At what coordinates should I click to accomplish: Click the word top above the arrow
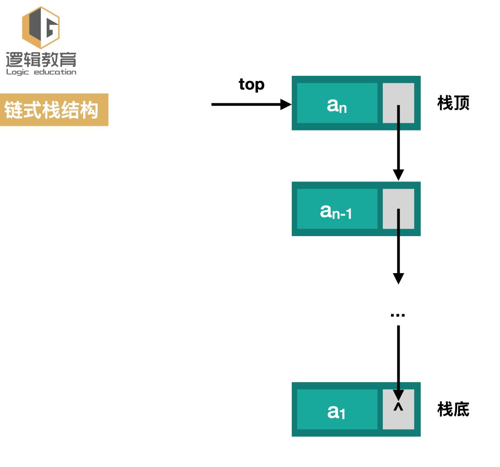point(252,84)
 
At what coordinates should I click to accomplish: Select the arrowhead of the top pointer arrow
point(286,104)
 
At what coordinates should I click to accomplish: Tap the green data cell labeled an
point(337,103)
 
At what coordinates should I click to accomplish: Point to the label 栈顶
point(453,103)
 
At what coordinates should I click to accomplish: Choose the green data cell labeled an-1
point(337,209)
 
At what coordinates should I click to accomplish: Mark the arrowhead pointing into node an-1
point(398,174)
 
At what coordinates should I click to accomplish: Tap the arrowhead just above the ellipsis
point(398,278)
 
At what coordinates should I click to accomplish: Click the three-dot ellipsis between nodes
point(397,315)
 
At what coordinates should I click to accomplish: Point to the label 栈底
point(453,409)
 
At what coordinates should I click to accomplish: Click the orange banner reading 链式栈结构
point(54,110)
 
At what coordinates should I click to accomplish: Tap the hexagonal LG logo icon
point(41,27)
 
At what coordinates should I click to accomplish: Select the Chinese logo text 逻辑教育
point(41,59)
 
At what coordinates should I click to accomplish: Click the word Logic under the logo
point(17,72)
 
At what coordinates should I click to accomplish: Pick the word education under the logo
point(55,72)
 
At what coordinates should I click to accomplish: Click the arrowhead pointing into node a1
point(398,395)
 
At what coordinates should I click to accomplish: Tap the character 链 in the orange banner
point(13,110)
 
